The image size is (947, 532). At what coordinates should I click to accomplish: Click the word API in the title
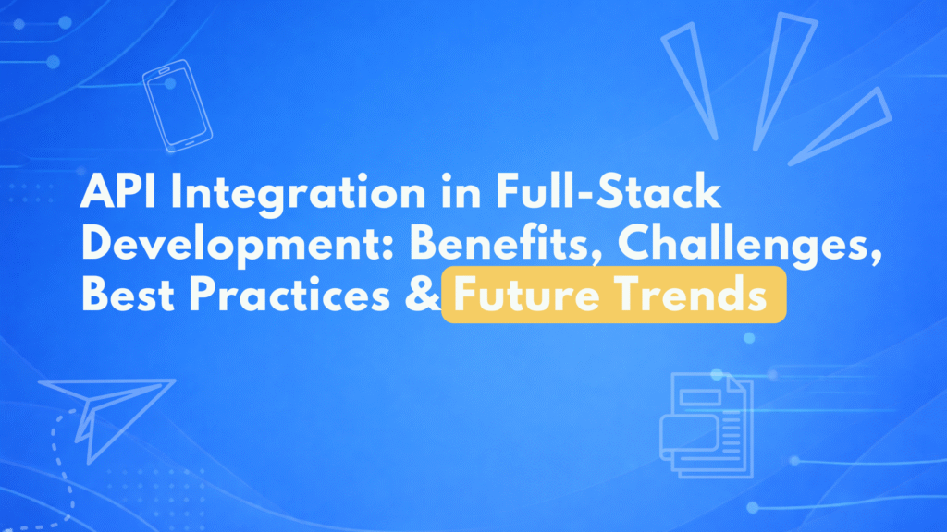coord(119,192)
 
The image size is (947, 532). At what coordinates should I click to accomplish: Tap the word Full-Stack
coord(609,192)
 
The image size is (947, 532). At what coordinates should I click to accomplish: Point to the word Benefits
coord(506,244)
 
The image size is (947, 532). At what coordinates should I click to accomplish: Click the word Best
coord(128,295)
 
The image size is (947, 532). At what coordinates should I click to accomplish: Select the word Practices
coord(289,295)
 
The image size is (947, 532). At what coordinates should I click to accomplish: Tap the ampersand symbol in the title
coord(422,295)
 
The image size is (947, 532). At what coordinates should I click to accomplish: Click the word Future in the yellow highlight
coord(526,295)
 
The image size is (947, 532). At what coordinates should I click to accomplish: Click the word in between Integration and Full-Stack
coord(461,192)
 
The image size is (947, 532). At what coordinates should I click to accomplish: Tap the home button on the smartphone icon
coord(190,143)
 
